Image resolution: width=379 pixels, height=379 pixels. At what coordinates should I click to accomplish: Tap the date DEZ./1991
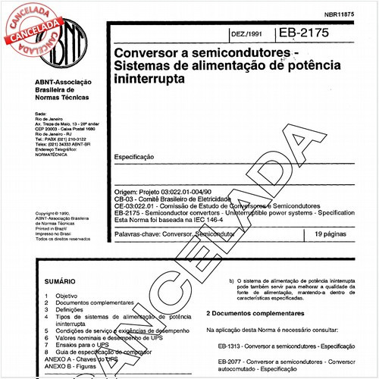[246, 36]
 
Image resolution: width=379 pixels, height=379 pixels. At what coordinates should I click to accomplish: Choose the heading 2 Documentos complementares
[256, 313]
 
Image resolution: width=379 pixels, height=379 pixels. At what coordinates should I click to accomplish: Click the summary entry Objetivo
[68, 296]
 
